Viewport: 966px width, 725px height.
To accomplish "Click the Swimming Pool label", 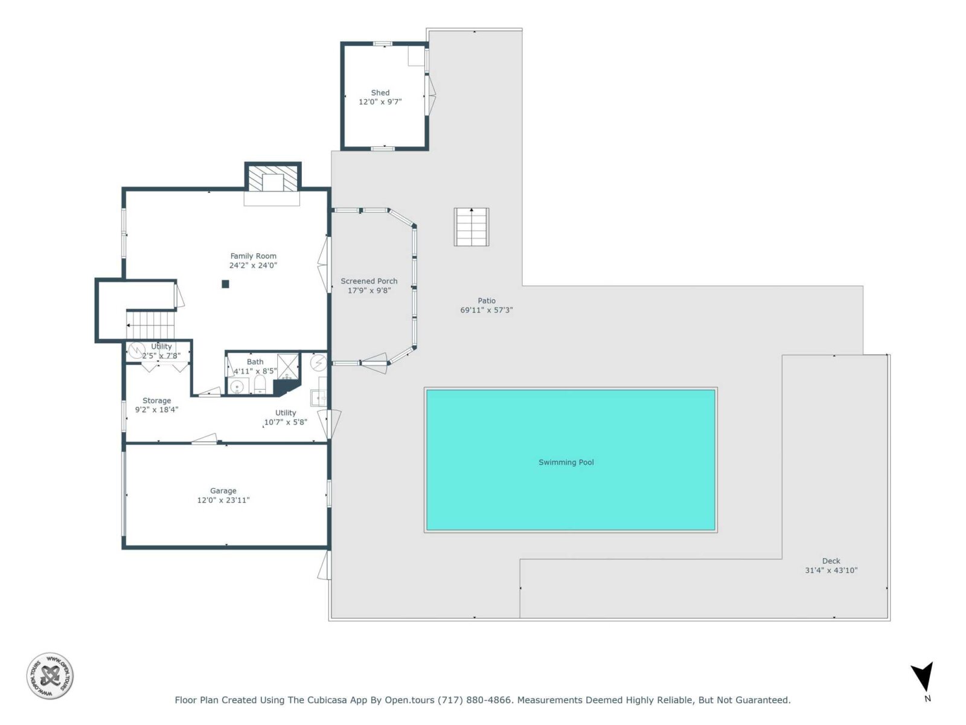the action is (x=566, y=462).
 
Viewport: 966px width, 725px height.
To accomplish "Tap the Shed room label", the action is (x=380, y=92).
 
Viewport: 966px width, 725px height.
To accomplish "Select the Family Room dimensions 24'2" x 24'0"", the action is (x=253, y=265).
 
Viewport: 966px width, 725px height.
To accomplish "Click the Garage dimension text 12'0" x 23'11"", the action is (x=223, y=500).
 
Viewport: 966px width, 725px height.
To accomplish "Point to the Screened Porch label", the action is (x=369, y=281).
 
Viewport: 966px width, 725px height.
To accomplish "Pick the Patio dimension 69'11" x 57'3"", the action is (x=486, y=310).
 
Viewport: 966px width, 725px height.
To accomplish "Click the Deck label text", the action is (x=831, y=561).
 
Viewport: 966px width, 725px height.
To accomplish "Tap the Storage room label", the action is (x=156, y=401).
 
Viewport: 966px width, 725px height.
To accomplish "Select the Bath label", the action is (x=255, y=361).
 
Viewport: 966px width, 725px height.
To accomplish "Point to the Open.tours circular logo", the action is (x=50, y=675).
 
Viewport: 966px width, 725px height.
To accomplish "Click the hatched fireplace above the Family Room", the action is (x=273, y=178).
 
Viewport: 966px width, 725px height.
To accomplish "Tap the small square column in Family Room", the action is (x=225, y=284).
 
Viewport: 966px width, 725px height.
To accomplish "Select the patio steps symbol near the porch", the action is (x=472, y=227).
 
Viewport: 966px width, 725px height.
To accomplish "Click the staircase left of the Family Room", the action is (x=150, y=325).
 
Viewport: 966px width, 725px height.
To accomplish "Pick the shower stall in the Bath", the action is (x=288, y=367).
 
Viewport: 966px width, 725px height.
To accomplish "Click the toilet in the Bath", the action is (x=260, y=385).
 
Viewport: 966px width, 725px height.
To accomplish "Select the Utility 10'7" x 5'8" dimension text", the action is (x=285, y=422).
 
